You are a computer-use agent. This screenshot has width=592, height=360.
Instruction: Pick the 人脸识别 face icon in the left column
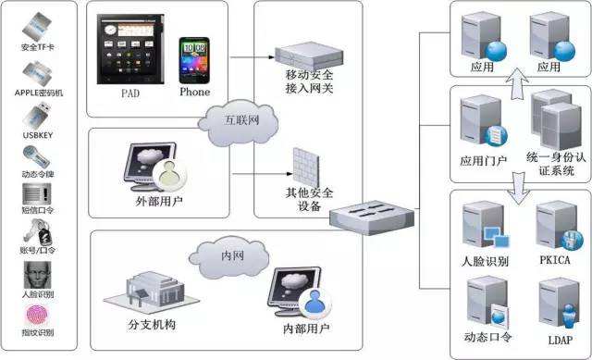click(38, 278)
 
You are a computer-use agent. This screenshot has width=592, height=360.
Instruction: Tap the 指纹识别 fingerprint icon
click(38, 312)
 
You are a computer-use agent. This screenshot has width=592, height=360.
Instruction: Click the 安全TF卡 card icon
click(37, 26)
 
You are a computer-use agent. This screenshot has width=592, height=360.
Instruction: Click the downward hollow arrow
click(519, 189)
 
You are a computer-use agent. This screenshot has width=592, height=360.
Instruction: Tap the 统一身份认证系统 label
click(556, 164)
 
